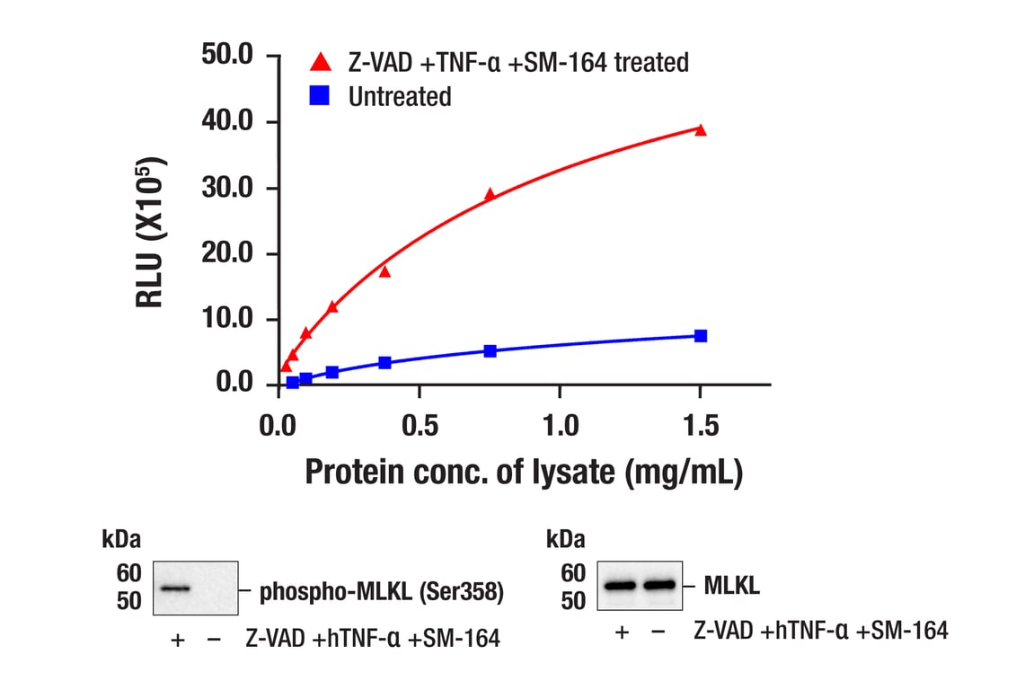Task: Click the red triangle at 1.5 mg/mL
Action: click(x=701, y=129)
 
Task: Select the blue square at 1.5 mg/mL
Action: click(x=701, y=336)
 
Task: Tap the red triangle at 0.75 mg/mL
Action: click(x=490, y=193)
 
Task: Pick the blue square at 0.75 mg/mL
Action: click(x=490, y=350)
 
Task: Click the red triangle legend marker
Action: click(x=320, y=62)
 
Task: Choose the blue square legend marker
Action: click(x=320, y=96)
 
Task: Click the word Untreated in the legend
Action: click(x=400, y=96)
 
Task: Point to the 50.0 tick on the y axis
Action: click(x=229, y=57)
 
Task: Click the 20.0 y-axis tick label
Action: click(x=229, y=253)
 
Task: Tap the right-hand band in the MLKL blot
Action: click(x=658, y=586)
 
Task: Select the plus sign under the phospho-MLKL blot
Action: click(x=177, y=639)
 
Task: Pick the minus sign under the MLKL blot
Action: click(x=658, y=632)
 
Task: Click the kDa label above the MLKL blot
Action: click(x=566, y=539)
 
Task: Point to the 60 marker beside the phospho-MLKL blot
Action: click(x=128, y=572)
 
